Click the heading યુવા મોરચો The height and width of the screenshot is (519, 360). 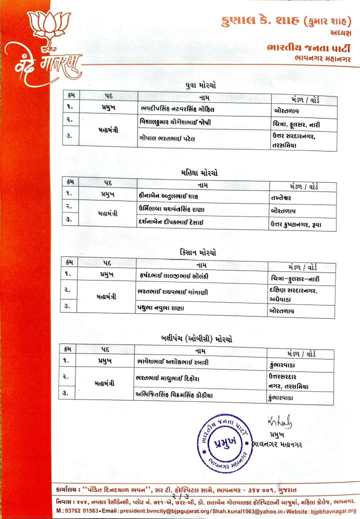(x=200, y=85)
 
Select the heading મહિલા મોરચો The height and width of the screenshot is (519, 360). (x=199, y=172)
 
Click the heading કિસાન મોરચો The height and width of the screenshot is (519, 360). (x=199, y=253)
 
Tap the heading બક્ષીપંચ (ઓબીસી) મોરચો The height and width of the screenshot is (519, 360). (x=198, y=338)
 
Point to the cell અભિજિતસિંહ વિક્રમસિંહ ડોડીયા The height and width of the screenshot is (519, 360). (x=175, y=395)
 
